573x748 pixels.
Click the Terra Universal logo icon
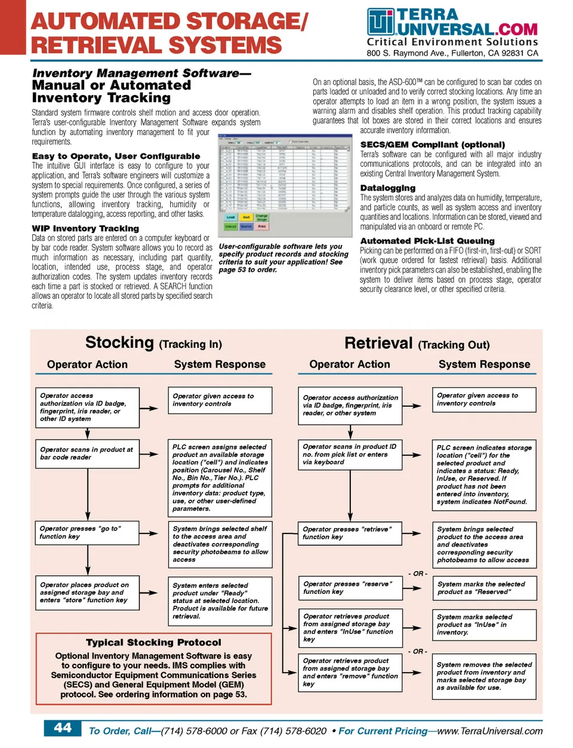click(380, 22)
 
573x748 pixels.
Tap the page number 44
click(63, 728)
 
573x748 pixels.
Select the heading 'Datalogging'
click(387, 188)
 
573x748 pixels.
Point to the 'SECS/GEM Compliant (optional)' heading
click(432, 145)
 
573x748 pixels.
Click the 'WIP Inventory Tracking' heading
click(85, 228)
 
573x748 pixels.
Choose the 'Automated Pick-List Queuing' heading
click(427, 241)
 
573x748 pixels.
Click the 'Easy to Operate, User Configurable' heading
click(116, 156)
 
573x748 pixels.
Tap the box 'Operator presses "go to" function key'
click(87, 532)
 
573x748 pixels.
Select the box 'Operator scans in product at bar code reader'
click(87, 453)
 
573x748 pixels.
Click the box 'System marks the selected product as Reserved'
click(484, 588)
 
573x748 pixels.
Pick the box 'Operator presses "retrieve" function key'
click(350, 533)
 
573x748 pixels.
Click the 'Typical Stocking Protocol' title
click(153, 642)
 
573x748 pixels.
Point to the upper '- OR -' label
click(418, 574)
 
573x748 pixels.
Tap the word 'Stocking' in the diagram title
click(119, 342)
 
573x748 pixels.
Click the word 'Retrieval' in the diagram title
click(378, 343)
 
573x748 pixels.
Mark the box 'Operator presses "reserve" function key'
click(350, 588)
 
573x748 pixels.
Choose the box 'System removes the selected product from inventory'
click(484, 676)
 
